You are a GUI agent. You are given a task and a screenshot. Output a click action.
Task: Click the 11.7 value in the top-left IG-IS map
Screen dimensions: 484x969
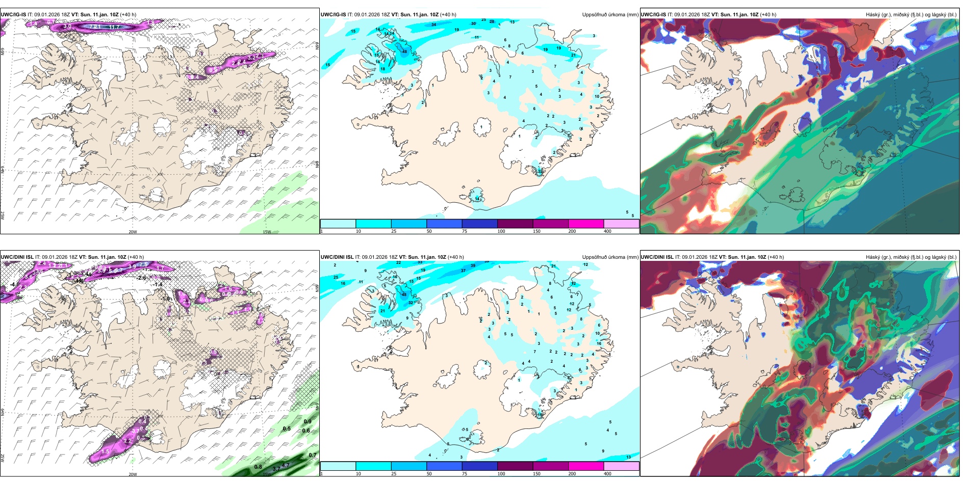(x=114, y=27)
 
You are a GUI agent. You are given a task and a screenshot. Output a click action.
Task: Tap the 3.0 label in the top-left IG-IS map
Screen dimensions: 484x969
(x=67, y=26)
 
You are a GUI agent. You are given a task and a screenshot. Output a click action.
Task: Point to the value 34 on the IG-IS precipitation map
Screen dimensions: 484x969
(x=433, y=24)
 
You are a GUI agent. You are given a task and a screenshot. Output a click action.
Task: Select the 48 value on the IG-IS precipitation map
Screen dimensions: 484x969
(x=404, y=51)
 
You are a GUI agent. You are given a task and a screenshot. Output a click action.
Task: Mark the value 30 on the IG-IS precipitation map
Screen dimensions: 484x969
(x=473, y=23)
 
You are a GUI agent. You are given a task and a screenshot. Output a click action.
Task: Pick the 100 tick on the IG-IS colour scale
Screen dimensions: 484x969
(x=501, y=231)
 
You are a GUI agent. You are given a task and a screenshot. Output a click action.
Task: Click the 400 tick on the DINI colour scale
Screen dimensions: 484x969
(x=607, y=474)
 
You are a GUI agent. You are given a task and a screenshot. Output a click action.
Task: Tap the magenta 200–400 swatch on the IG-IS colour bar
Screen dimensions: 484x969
(x=586, y=224)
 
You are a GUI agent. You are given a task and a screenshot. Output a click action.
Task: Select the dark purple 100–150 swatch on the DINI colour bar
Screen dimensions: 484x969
(x=515, y=466)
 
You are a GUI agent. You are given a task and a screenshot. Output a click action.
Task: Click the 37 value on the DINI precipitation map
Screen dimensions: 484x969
(x=463, y=271)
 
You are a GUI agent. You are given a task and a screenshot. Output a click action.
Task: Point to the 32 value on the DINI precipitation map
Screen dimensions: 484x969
(x=411, y=303)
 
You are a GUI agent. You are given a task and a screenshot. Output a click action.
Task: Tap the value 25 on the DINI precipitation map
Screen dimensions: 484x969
(x=336, y=277)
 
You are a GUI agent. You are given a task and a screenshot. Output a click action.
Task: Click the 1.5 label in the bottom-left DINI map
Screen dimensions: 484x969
(x=106, y=451)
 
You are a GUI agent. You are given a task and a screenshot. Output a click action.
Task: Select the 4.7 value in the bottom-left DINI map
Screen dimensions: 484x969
(x=286, y=465)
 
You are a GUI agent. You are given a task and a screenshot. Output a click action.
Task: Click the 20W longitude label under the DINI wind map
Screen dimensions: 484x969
(x=133, y=474)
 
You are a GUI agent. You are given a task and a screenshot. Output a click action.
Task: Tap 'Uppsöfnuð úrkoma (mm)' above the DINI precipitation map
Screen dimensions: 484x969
(x=610, y=257)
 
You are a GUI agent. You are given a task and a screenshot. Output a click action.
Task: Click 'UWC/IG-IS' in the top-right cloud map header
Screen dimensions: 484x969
(x=653, y=15)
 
